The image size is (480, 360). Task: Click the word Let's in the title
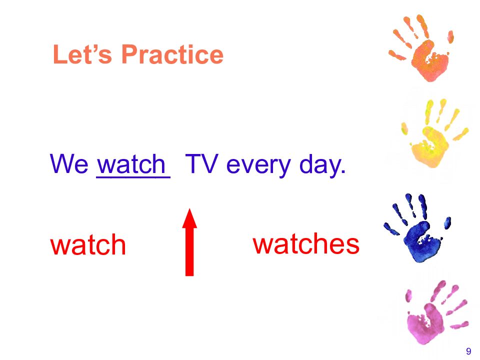pos(82,54)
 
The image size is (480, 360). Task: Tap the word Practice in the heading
pos(172,54)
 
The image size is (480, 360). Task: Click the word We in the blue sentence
pos(69,164)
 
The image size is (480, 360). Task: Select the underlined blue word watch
pos(131,164)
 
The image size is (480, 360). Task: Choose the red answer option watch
pos(88,244)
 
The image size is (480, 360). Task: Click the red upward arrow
pos(189,242)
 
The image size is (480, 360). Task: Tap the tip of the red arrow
pos(190,209)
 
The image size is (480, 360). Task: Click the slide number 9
pos(468,351)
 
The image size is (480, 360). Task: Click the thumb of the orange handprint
pos(450,36)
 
